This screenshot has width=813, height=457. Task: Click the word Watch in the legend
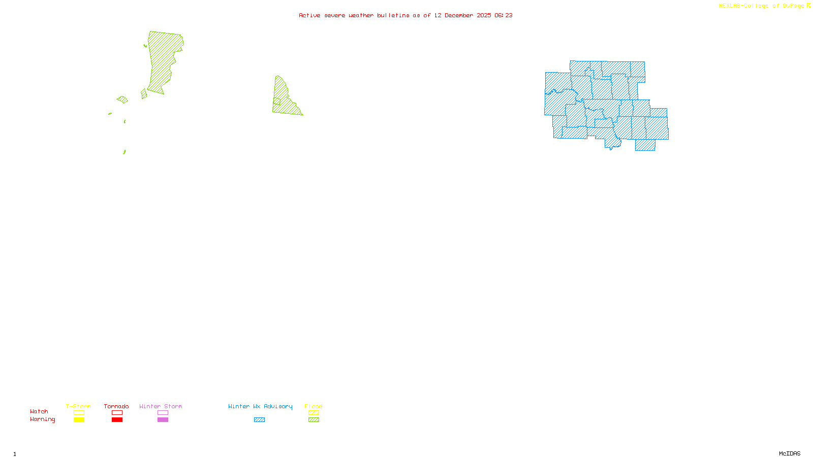tap(39, 411)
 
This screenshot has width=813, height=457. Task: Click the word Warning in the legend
tap(42, 419)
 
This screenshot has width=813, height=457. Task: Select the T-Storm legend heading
tap(78, 406)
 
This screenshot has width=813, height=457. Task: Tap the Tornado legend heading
tap(116, 406)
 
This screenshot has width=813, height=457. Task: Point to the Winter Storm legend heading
tap(161, 406)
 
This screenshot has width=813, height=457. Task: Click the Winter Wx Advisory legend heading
tap(260, 406)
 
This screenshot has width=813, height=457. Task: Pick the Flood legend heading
tap(314, 406)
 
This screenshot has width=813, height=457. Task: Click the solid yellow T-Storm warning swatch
tap(79, 420)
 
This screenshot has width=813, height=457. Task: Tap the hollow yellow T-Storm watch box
tap(79, 413)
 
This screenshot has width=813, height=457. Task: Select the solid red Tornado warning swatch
tap(117, 420)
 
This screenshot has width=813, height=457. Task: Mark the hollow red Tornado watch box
tap(117, 413)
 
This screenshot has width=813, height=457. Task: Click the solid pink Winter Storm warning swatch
tap(163, 420)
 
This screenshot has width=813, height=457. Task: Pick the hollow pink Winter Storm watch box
tap(163, 413)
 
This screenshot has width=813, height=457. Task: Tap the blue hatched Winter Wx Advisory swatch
tap(259, 420)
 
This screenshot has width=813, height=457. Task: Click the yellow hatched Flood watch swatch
tap(314, 413)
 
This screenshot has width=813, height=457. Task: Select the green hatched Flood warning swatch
tap(314, 420)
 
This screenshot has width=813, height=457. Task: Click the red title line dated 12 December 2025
tap(405, 15)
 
